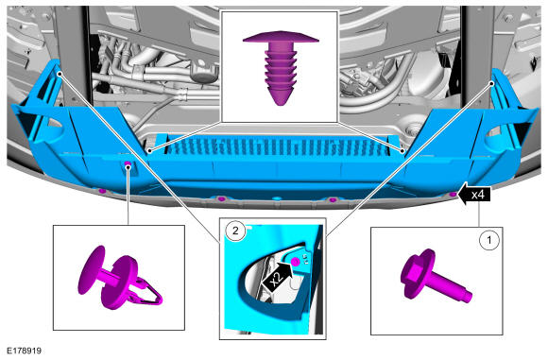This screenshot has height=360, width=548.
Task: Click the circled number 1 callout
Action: click(x=488, y=240)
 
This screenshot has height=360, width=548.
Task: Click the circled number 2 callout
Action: click(x=235, y=231)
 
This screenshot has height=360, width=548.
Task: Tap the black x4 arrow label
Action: click(x=475, y=194)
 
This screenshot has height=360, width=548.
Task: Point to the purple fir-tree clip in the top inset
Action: click(x=281, y=67)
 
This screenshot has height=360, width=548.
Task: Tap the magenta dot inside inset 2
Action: click(x=296, y=262)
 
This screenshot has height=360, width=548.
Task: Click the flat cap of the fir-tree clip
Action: click(x=281, y=37)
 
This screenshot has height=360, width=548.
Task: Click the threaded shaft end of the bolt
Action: click(x=468, y=298)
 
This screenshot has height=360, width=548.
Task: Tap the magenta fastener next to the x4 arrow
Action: click(x=453, y=194)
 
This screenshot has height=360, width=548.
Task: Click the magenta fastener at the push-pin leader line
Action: click(x=128, y=164)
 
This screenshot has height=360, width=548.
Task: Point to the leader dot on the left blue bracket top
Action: click(x=60, y=74)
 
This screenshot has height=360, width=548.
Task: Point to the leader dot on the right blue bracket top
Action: click(x=491, y=83)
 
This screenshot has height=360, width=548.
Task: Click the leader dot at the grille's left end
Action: click(x=149, y=151)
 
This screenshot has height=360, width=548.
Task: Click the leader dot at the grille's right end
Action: click(x=402, y=151)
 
